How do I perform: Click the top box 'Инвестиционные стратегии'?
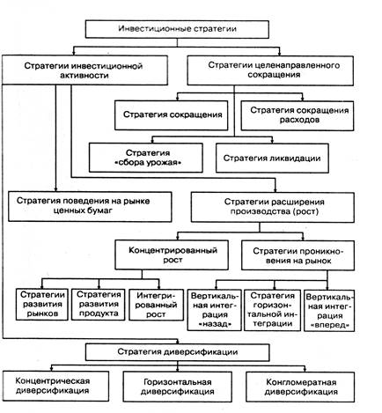coord(177,29)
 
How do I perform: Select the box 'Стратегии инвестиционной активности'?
coord(84,70)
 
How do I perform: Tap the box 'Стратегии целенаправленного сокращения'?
coord(270,70)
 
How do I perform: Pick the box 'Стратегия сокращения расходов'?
coord(298,115)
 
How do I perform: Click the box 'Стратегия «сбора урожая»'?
coord(146,158)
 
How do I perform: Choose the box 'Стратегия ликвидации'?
coord(272,158)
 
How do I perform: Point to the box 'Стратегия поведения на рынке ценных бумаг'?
coord(90,206)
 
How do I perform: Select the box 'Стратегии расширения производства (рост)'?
coord(273,207)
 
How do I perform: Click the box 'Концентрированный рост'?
coord(172,254)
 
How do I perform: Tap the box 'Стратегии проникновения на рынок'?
coord(298,255)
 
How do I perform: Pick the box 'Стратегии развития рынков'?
coord(42,305)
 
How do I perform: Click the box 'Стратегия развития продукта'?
coord(99,305)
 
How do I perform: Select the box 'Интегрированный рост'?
coord(156,305)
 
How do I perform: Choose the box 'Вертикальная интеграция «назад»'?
coord(215,310)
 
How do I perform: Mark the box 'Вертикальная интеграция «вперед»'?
coord(329,311)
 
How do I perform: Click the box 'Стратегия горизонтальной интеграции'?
coord(272,310)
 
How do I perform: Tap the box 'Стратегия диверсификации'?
coord(178,352)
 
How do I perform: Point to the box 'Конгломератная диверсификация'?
coord(300,387)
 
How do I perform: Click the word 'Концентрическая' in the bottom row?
coord(53,381)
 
